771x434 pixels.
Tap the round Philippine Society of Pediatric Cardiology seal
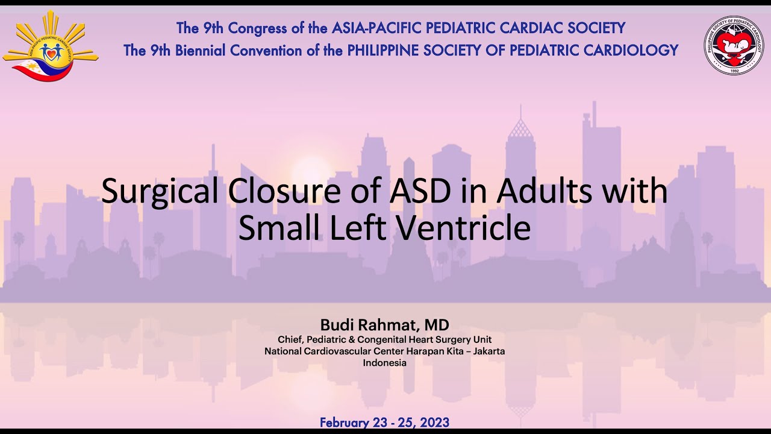[734, 46]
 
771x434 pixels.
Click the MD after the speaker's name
[437, 325]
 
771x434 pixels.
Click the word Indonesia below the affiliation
[384, 363]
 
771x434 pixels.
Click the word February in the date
[345, 423]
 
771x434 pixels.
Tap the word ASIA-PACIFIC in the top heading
[377, 28]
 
